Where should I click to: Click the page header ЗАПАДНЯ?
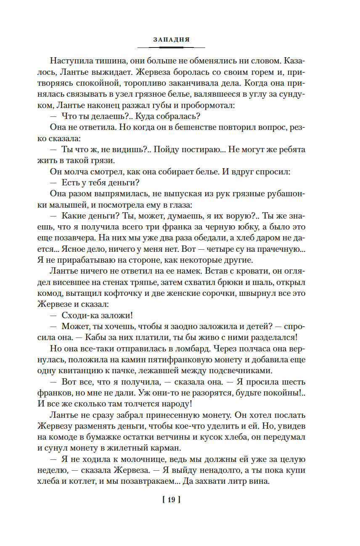click(171, 40)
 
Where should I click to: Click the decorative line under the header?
click(171, 47)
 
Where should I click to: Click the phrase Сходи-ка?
click(77, 315)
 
